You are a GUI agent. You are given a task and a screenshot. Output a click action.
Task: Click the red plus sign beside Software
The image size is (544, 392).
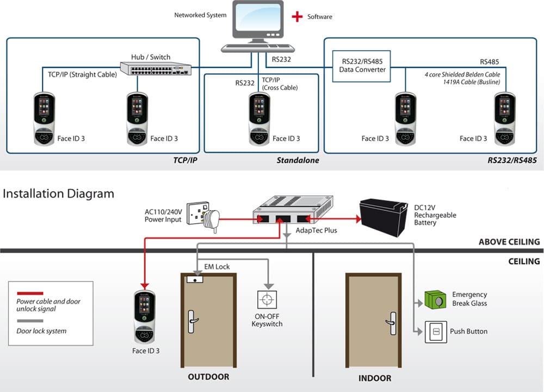point(297,17)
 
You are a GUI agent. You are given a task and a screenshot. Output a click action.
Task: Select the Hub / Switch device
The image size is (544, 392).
point(156,68)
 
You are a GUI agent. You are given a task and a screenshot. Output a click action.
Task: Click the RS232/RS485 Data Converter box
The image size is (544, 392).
point(362,66)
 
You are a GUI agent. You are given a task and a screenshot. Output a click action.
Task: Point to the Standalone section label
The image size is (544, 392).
point(298,161)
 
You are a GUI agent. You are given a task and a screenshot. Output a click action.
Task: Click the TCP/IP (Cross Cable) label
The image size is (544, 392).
point(280,83)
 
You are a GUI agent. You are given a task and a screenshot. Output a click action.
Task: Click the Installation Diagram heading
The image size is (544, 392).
point(59,194)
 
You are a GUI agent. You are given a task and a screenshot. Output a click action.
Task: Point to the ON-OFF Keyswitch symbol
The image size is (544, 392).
point(267,300)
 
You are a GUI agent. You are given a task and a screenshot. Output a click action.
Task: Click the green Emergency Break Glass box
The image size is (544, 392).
point(435,299)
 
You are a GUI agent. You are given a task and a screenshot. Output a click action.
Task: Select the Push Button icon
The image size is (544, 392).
point(435,332)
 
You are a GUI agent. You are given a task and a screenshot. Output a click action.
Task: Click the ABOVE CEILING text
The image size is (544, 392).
point(509,242)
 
